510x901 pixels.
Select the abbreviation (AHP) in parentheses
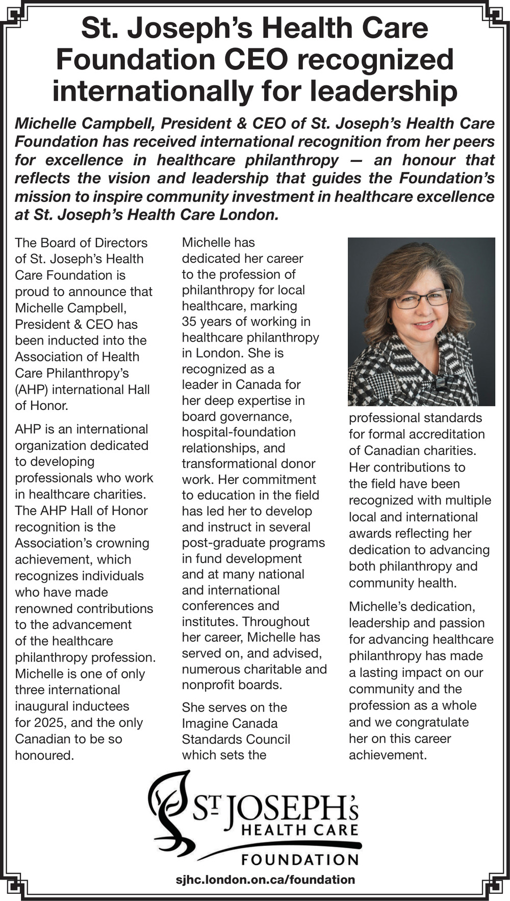pos(32,389)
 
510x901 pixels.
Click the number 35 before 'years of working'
pos(190,322)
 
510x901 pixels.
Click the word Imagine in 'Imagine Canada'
pos(204,723)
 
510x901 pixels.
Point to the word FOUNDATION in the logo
pos(299,860)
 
